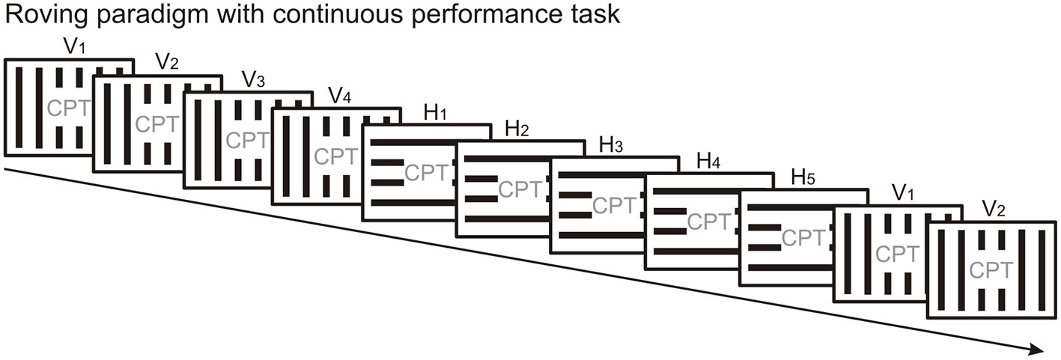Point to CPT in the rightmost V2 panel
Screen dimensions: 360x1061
[991, 270]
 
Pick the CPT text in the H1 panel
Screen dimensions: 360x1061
[427, 173]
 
